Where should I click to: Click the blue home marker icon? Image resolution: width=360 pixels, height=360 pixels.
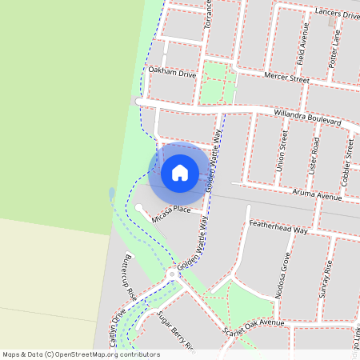click(x=179, y=172)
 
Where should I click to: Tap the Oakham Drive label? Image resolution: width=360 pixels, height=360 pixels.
click(x=172, y=74)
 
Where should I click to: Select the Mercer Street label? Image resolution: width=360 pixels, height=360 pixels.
click(x=286, y=79)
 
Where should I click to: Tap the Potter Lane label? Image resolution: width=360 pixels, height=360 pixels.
click(x=338, y=50)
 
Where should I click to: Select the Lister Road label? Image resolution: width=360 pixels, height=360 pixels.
click(x=314, y=156)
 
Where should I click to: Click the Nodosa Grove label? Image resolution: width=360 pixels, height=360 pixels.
click(x=282, y=276)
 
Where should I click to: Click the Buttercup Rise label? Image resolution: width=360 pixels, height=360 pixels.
click(x=127, y=277)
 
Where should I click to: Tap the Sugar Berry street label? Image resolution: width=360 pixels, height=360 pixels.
click(x=176, y=331)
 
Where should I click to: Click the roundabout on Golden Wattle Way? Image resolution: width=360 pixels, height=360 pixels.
click(x=172, y=274)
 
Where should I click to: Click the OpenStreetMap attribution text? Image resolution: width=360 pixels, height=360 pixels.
click(x=81, y=354)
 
